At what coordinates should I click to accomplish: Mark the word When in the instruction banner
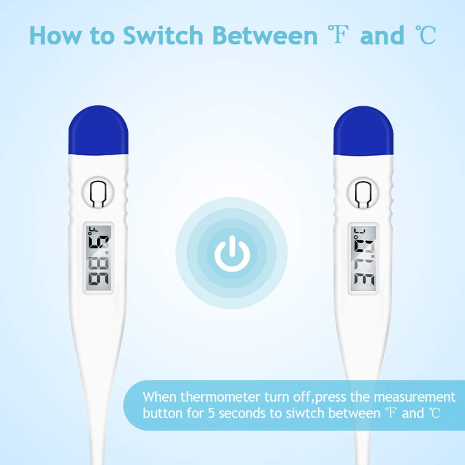pyautogui.click(x=159, y=397)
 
